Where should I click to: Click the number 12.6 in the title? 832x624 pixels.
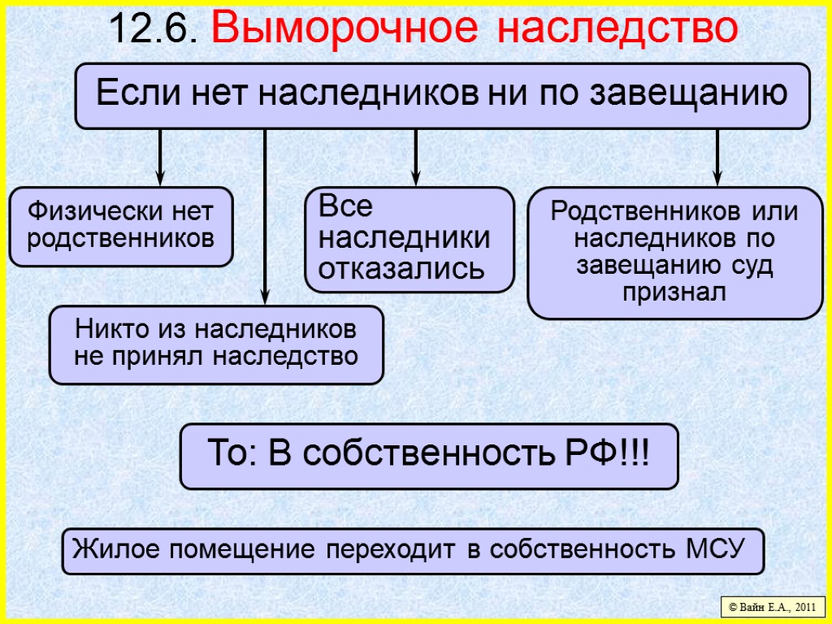(154, 29)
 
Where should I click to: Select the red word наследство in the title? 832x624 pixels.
(617, 29)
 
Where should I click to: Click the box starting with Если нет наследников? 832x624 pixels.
(442, 96)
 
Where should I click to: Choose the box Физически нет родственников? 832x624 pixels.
(121, 227)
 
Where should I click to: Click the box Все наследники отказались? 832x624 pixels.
(409, 240)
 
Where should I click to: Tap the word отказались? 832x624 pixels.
(401, 268)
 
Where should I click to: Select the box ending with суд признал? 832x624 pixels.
(674, 253)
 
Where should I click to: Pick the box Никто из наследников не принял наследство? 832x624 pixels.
(215, 344)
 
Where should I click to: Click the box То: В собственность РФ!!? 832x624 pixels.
(428, 456)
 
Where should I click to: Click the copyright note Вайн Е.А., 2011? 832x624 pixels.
(773, 606)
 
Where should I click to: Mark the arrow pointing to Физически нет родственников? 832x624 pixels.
(160, 158)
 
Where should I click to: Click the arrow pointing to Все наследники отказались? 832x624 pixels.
(415, 158)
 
